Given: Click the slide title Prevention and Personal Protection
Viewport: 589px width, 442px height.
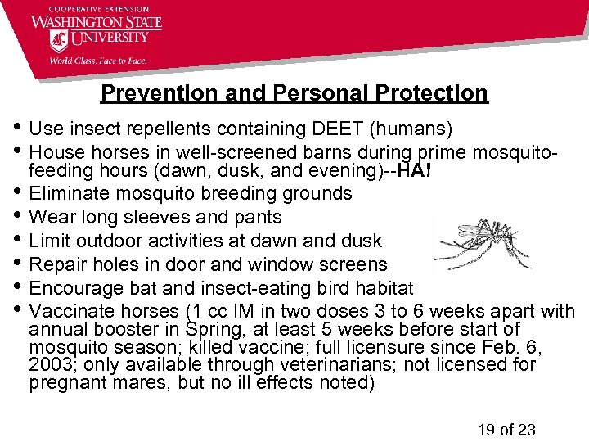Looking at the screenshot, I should click(x=294, y=93).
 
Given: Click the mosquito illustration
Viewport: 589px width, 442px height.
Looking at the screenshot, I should click(x=483, y=243).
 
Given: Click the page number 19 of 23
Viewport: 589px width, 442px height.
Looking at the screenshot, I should click(x=505, y=429).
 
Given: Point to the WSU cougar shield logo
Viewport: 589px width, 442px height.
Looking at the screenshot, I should click(x=59, y=39).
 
